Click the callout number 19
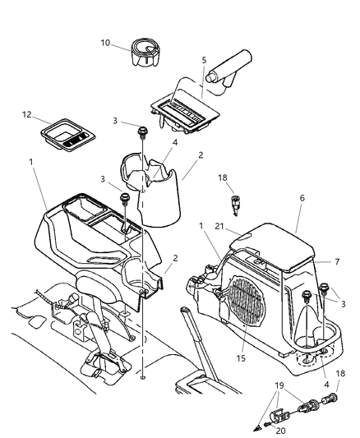[x=280, y=384]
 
